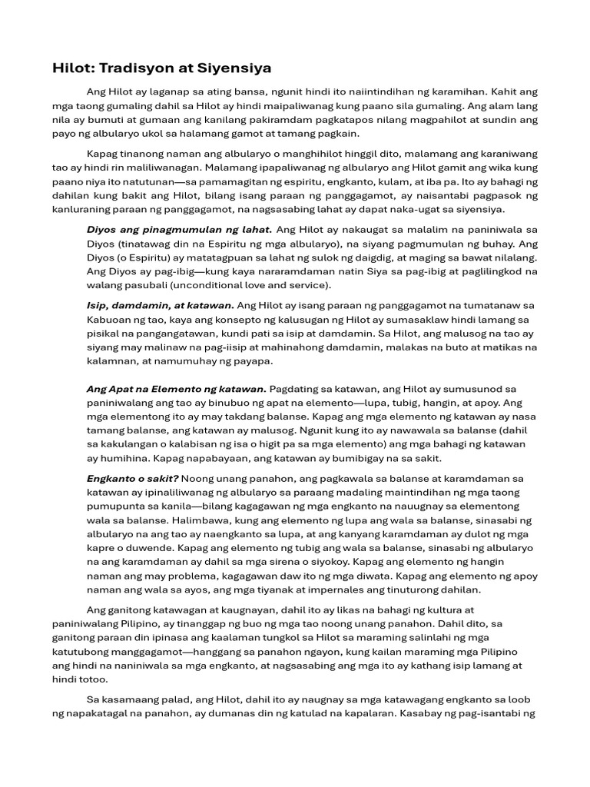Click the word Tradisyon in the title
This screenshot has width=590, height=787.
coord(132,68)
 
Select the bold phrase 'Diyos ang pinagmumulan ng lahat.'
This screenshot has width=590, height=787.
coord(179,229)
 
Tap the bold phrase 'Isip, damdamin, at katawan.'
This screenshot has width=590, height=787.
coord(161,305)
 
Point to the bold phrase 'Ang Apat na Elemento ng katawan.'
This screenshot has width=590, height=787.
coord(176,389)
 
